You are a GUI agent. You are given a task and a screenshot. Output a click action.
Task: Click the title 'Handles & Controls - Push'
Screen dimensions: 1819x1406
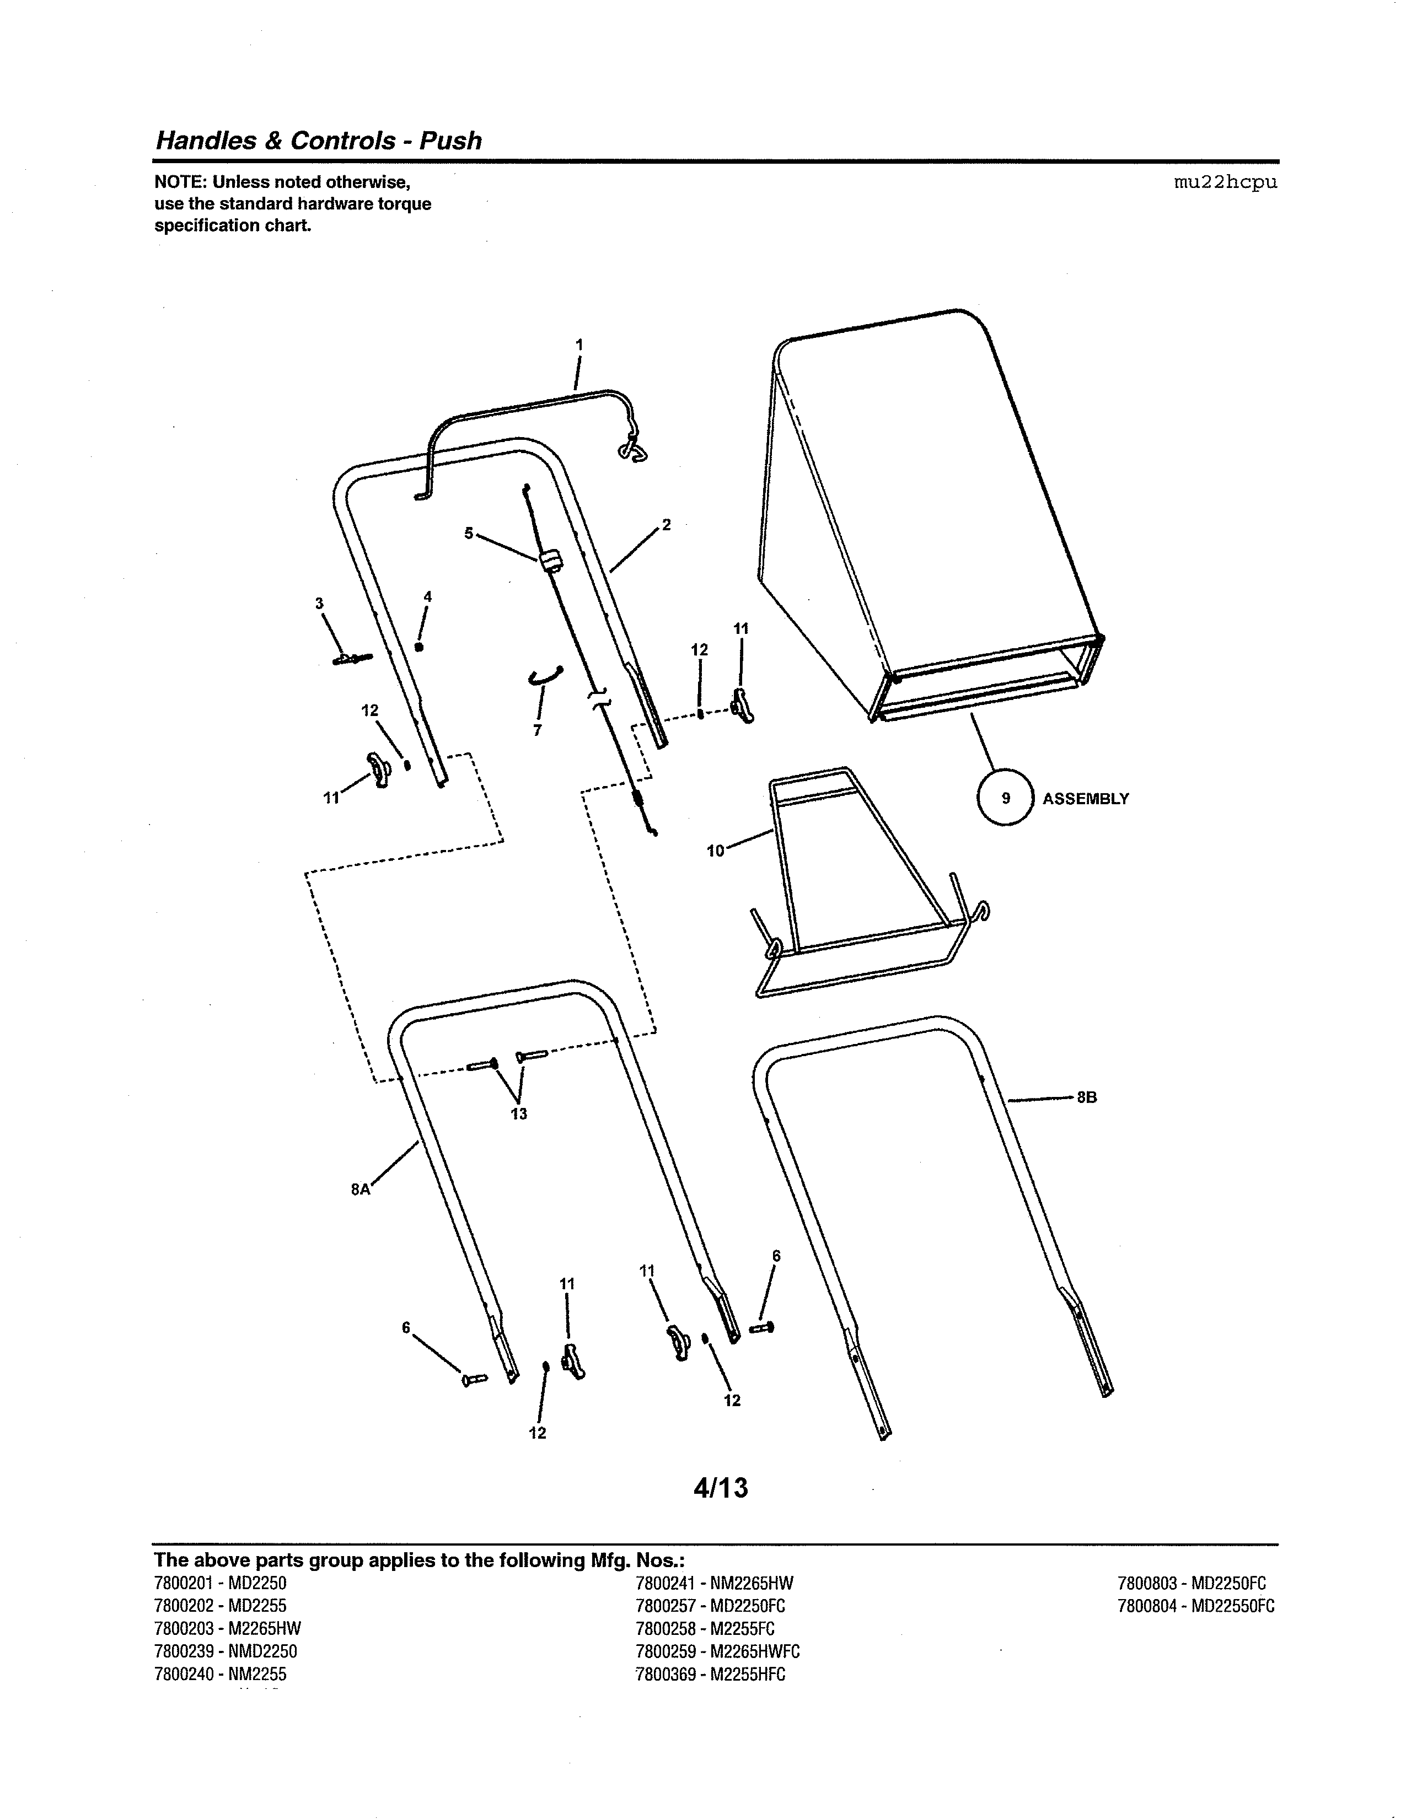[318, 140]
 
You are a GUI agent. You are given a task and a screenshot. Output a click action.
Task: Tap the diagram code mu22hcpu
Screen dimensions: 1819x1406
[1225, 182]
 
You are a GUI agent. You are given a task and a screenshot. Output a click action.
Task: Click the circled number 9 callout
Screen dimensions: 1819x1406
[1005, 798]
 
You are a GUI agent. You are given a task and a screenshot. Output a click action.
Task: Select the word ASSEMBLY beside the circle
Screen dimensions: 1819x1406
[1085, 799]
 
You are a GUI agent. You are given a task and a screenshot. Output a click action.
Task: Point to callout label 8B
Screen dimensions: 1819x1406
[1086, 1097]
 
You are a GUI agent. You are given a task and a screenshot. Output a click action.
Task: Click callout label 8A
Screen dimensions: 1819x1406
[360, 1190]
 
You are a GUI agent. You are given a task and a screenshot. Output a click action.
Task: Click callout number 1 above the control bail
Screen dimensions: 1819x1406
[579, 344]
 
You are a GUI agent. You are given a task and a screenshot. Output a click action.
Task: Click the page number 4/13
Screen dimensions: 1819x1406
[721, 1488]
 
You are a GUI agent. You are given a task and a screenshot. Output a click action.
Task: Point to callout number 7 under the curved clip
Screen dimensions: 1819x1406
[537, 730]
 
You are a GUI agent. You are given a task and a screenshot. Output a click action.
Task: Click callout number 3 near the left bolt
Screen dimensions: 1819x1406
[319, 603]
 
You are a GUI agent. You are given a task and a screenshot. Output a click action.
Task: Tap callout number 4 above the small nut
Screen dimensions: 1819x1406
[427, 596]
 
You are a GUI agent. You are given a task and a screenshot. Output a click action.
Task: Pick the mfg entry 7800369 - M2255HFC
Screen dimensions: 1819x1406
[710, 1673]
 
